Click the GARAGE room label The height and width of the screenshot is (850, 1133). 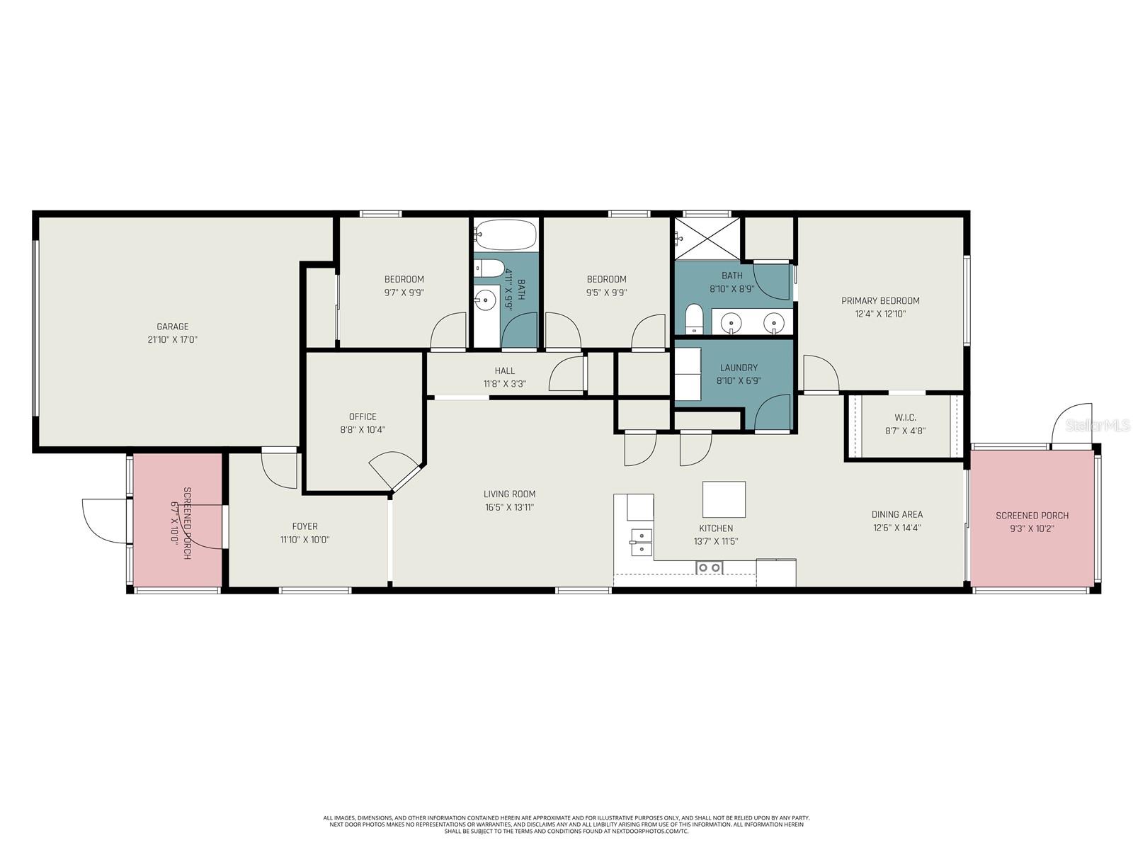tap(172, 326)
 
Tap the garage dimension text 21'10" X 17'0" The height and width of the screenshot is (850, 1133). tap(172, 339)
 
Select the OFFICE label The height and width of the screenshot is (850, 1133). tap(363, 416)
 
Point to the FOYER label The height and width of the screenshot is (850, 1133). tap(304, 526)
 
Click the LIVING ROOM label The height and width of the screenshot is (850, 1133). tap(509, 494)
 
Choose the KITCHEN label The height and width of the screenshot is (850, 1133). tap(716, 528)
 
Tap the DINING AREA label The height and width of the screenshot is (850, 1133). tap(897, 514)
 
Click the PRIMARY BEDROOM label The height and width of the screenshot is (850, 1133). tap(881, 300)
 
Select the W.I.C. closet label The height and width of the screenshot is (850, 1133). tap(906, 417)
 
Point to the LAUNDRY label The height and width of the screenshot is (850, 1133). tap(739, 368)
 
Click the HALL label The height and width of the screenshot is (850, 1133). tap(504, 370)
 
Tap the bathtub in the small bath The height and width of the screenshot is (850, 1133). tap(506, 235)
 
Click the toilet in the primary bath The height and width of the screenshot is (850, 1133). tap(694, 319)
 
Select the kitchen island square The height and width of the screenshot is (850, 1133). tap(724, 499)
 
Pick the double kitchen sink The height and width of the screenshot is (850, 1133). tap(641, 543)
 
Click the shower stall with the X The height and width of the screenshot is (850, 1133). tap(707, 238)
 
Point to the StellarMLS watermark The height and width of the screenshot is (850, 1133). tap(1098, 426)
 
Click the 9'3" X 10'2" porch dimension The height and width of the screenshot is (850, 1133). tap(1032, 528)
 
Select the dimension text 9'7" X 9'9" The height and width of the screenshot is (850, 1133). tap(404, 292)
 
